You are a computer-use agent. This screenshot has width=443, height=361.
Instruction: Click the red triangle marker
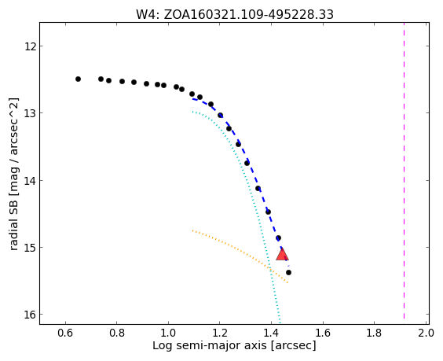tap(282, 254)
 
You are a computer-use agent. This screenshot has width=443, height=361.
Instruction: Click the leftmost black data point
tap(78, 79)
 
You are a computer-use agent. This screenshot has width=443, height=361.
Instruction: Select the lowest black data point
tap(288, 272)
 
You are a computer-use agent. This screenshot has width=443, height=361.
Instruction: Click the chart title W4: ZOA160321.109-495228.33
tap(235, 14)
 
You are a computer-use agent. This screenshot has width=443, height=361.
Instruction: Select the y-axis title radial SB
tap(13, 227)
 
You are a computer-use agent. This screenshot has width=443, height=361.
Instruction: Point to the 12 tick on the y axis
tap(30, 46)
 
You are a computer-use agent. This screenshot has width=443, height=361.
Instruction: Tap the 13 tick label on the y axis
tap(30, 113)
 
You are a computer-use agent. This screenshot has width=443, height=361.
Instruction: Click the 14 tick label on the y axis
tap(30, 180)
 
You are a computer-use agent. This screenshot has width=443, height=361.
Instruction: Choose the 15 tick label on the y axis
tap(30, 247)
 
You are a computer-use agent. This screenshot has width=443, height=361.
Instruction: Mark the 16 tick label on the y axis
tap(30, 315)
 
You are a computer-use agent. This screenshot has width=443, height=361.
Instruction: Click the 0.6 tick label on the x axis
tap(65, 333)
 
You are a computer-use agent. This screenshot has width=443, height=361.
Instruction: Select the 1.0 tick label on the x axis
tap(168, 333)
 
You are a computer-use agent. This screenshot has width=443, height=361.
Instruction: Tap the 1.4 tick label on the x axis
tap(271, 333)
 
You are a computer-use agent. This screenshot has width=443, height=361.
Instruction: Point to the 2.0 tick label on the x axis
tap(426, 333)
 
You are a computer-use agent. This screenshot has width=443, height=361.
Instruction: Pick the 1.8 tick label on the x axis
tap(374, 333)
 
